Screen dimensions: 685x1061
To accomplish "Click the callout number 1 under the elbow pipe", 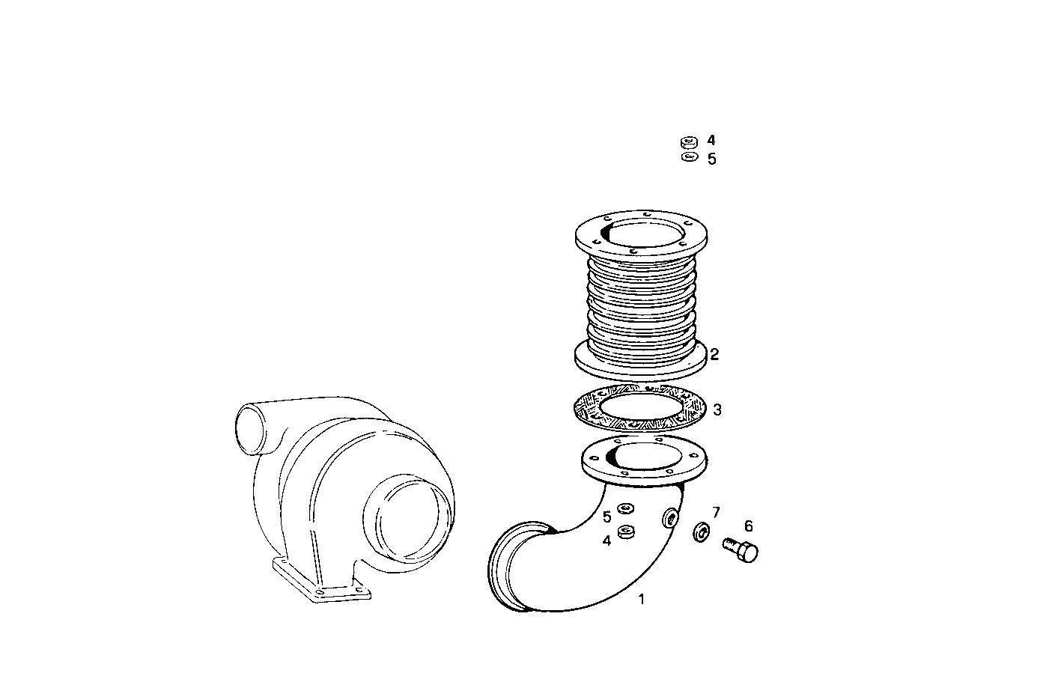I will tap(641, 600).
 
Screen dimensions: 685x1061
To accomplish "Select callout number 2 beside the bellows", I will tap(714, 354).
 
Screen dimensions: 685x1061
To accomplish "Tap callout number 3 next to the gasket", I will tap(717, 410).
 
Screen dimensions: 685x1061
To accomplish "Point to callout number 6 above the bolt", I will tap(748, 526).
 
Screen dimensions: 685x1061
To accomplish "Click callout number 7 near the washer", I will tap(716, 512).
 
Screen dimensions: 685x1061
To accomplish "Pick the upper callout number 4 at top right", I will tap(711, 140).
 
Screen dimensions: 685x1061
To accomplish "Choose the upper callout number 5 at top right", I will tap(711, 159).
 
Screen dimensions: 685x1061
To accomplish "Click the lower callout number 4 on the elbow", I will tap(606, 540).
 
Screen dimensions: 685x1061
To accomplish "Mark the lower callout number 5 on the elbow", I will tap(606, 517).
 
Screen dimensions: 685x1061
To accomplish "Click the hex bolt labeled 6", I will tap(741, 550).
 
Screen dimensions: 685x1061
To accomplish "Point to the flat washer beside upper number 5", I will tap(689, 157).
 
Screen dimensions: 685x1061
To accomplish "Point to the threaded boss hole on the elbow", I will tap(672, 519).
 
